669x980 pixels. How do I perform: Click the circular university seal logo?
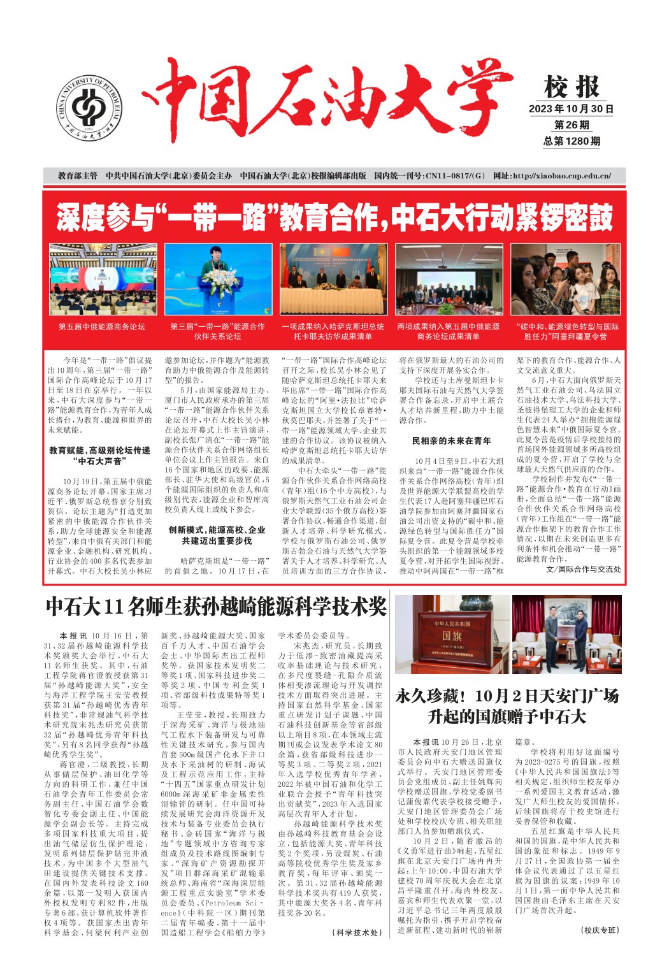coord(90,108)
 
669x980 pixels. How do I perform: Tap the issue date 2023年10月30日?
coord(571,109)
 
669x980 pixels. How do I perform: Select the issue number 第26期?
coord(572,125)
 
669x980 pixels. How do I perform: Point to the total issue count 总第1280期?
coord(572,141)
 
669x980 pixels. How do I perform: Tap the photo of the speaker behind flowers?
coord(218,279)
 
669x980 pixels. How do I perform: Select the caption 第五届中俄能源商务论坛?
coord(102,327)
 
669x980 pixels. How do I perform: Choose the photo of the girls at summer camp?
coord(565,279)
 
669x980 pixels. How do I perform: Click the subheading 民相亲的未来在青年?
coord(451,440)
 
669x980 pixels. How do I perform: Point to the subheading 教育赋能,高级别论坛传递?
coord(99,450)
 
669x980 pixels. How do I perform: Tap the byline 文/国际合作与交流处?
coord(583,569)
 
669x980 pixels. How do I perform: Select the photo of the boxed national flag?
coord(451,635)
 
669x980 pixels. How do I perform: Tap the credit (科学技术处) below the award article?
coord(356,932)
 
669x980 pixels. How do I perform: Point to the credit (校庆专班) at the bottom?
coord(600,930)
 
